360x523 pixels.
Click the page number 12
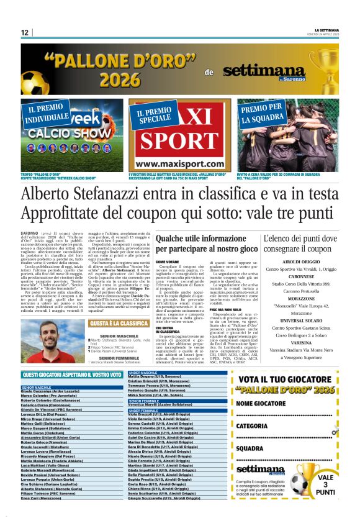tap(24, 32)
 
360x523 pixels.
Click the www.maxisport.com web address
tap(179, 164)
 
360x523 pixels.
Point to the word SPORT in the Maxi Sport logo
tap(179, 140)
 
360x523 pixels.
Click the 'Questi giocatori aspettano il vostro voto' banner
tap(71, 375)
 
